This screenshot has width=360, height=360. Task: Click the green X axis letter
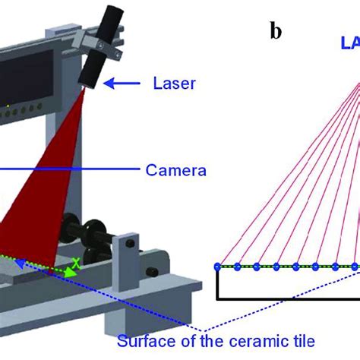point(74,264)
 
